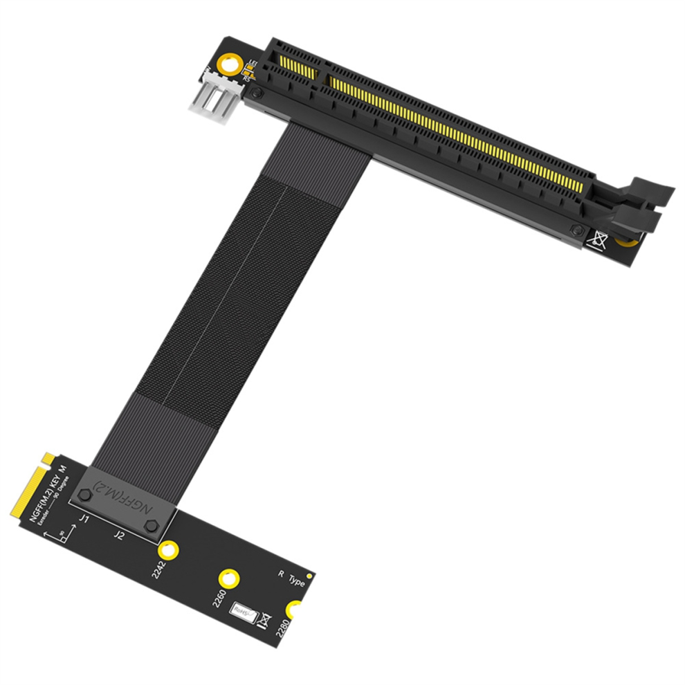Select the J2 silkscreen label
click(119, 534)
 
